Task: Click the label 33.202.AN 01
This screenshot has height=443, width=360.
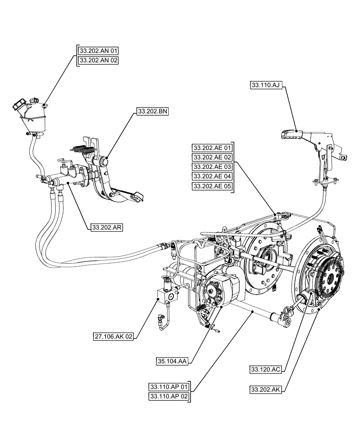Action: click(x=98, y=51)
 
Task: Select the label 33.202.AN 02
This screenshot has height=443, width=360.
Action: click(x=98, y=61)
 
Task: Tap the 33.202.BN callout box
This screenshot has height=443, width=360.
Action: click(x=152, y=113)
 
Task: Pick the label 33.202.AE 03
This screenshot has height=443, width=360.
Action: click(x=212, y=167)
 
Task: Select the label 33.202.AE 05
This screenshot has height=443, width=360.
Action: click(x=212, y=187)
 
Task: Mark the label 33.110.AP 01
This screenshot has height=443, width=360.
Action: click(x=169, y=386)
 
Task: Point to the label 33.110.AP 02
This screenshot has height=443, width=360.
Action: click(x=169, y=396)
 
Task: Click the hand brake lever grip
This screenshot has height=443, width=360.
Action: click(x=291, y=133)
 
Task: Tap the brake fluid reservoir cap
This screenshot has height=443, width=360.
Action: click(x=20, y=106)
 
